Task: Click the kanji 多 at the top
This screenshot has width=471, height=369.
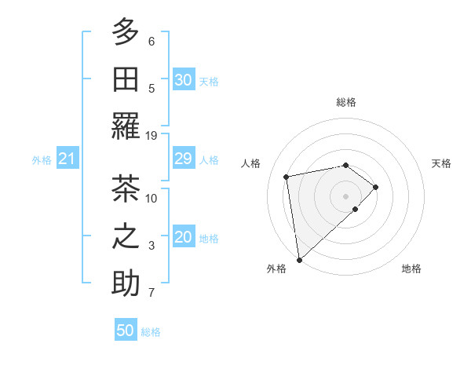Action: pyautogui.click(x=126, y=32)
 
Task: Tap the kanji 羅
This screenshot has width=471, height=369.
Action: pyautogui.click(x=126, y=126)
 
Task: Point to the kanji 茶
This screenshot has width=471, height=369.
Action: pyautogui.click(x=126, y=189)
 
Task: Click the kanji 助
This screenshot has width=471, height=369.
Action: pyautogui.click(x=126, y=283)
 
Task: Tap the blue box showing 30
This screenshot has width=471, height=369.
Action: pyautogui.click(x=183, y=80)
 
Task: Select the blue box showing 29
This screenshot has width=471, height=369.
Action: pyautogui.click(x=183, y=159)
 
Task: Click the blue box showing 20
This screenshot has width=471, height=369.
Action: pyautogui.click(x=183, y=238)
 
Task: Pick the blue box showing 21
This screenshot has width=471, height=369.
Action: pyautogui.click(x=67, y=159)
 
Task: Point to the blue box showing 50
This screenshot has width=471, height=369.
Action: pyautogui.click(x=126, y=331)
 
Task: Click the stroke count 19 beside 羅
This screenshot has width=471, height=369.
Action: pyautogui.click(x=152, y=135)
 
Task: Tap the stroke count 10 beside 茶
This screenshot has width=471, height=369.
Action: pyautogui.click(x=152, y=198)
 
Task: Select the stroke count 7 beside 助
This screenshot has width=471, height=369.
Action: pyautogui.click(x=152, y=293)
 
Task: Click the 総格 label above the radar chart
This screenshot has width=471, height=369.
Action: pyautogui.click(x=345, y=102)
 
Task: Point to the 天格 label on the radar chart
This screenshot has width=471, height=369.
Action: pyautogui.click(x=441, y=163)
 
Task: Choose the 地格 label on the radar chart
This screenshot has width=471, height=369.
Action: pyautogui.click(x=411, y=269)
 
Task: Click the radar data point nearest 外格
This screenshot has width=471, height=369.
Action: pyautogui.click(x=299, y=260)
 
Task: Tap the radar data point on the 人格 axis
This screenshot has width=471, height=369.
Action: pyautogui.click(x=287, y=176)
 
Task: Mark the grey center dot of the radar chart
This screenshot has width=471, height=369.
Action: pyautogui.click(x=345, y=195)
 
